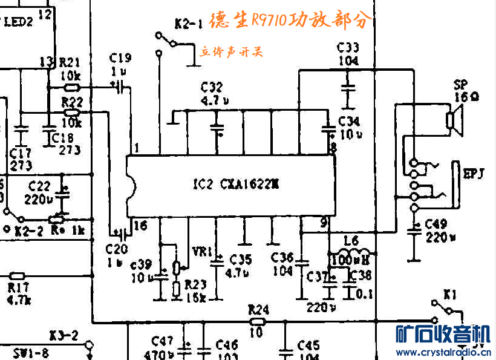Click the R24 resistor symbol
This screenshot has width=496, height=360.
pyautogui.click(x=258, y=321)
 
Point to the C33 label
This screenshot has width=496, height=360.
pyautogui.click(x=348, y=48)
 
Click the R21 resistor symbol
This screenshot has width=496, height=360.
pyautogui.click(x=71, y=87)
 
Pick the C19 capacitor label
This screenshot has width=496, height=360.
pyautogui.click(x=120, y=58)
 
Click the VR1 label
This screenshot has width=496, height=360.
pyautogui.click(x=201, y=250)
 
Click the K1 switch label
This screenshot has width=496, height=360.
pyautogui.click(x=449, y=295)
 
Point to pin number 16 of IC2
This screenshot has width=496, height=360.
pyautogui.click(x=140, y=225)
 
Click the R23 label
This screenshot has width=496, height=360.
pyautogui.click(x=195, y=284)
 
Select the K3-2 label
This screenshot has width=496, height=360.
pyautogui.click(x=64, y=335)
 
